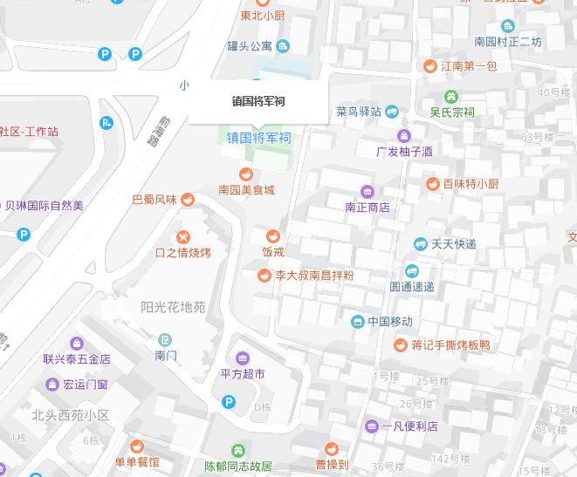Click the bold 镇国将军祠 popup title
(x=258, y=101)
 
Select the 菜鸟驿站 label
(x=359, y=112)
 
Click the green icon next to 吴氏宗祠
(x=451, y=96)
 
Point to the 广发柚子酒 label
(x=404, y=151)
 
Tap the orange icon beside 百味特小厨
(x=432, y=184)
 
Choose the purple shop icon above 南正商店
(x=367, y=192)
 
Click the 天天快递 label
(x=454, y=244)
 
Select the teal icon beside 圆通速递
(x=411, y=270)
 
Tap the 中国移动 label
(x=390, y=322)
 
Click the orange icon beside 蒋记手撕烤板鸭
(x=401, y=344)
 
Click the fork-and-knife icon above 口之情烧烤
(x=183, y=236)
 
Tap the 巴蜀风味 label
(x=154, y=200)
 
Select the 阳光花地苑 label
(x=173, y=307)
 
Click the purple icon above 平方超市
(x=242, y=358)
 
